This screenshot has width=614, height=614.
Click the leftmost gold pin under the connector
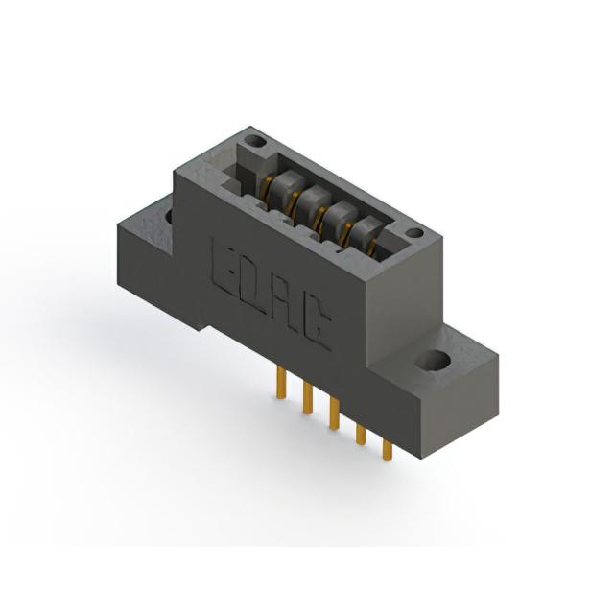(281, 383)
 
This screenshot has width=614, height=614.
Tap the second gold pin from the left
(308, 398)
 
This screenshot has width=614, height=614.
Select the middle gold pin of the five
(334, 413)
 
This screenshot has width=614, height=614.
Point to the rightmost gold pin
(388, 450)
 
